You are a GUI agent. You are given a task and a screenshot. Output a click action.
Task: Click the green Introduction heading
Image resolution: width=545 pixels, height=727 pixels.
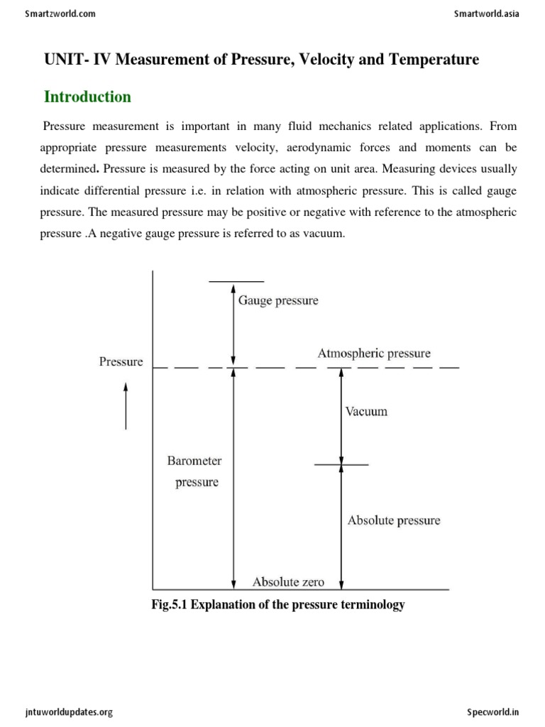[x=87, y=97]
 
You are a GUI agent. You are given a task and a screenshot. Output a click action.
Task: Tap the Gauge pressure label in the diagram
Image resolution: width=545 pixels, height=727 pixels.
[x=278, y=300]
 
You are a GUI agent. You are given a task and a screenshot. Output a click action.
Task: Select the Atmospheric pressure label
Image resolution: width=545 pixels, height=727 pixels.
[x=373, y=353]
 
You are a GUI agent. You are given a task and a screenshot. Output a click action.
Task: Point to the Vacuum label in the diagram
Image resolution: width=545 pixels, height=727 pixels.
[x=366, y=411]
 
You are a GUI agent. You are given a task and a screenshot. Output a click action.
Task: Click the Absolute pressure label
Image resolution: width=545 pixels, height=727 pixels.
[x=393, y=520]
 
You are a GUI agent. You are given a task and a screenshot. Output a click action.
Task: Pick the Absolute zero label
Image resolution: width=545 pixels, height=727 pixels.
[x=288, y=582]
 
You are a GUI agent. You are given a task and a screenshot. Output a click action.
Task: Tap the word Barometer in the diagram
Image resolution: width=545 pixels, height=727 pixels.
[x=194, y=461]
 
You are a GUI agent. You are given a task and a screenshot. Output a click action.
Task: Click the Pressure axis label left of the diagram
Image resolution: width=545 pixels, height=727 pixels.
[x=121, y=361]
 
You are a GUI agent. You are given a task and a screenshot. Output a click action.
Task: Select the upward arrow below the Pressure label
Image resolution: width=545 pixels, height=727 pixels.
[x=126, y=406]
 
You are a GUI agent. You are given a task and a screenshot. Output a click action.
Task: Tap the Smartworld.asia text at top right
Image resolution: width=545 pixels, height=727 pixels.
[x=486, y=13]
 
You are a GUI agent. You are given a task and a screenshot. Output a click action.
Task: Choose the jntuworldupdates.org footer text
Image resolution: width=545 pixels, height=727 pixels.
[x=69, y=712]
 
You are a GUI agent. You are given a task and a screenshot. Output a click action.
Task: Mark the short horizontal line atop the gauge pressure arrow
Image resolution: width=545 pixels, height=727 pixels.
[x=236, y=281]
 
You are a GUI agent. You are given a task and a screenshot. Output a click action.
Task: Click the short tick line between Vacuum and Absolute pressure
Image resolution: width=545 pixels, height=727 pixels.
[x=341, y=465]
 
